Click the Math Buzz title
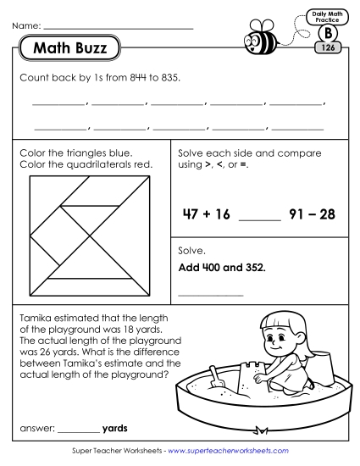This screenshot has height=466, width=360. (69, 49)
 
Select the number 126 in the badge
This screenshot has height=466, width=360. (327, 48)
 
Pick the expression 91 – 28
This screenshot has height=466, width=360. (314, 214)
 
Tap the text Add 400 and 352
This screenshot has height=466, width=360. (222, 268)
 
